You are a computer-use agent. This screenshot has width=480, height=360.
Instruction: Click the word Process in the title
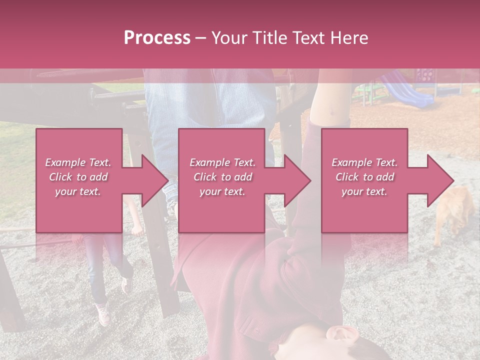(157, 37)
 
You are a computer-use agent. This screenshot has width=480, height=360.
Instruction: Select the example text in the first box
(78, 177)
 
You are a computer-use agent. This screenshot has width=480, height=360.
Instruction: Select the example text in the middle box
(222, 177)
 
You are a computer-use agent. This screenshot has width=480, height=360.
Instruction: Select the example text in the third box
(364, 177)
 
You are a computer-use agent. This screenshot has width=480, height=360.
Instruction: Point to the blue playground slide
(407, 90)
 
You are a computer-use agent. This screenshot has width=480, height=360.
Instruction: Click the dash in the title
(200, 38)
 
